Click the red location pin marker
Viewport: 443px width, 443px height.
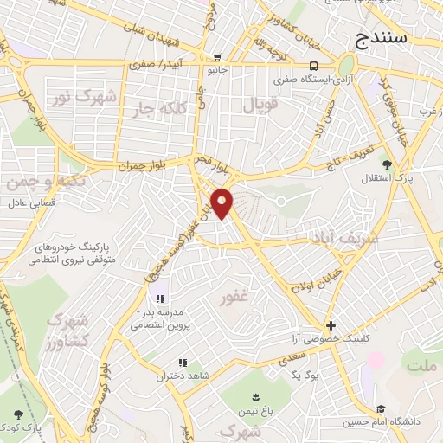pyautogui.click(x=222, y=203)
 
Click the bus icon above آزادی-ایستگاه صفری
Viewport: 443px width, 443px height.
pyautogui.click(x=313, y=66)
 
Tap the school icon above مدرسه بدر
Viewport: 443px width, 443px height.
pyautogui.click(x=159, y=299)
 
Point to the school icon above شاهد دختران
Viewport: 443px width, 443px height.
pyautogui.click(x=182, y=363)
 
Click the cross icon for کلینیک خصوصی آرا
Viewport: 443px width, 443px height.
pyautogui.click(x=331, y=325)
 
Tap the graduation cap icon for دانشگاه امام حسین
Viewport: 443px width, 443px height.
pyautogui.click(x=380, y=408)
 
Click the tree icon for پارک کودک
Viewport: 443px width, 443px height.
pyautogui.click(x=19, y=414)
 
